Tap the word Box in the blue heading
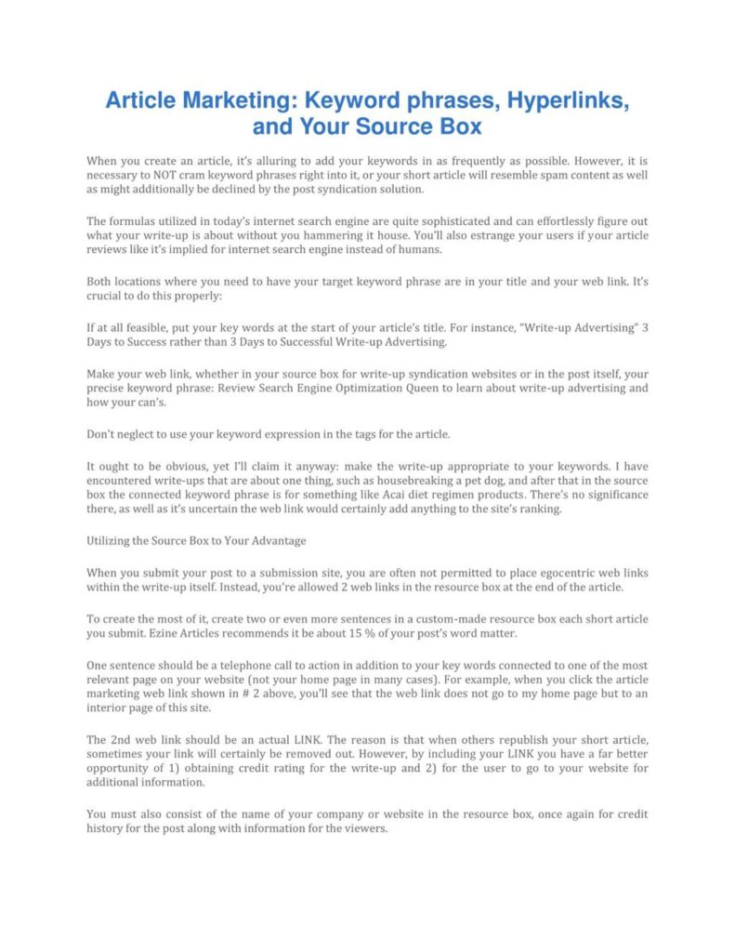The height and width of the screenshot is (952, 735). click(460, 126)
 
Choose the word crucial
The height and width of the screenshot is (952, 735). click(106, 296)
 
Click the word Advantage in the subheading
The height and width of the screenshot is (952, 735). click(269, 540)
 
